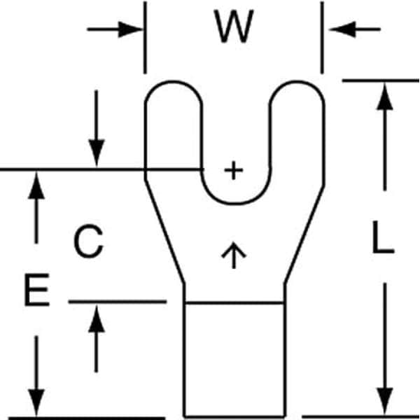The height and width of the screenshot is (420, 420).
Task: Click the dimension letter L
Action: pos(383,240)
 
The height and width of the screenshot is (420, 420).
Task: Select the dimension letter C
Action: pos(89,242)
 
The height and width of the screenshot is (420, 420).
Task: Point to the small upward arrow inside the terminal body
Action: pos(234,255)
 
